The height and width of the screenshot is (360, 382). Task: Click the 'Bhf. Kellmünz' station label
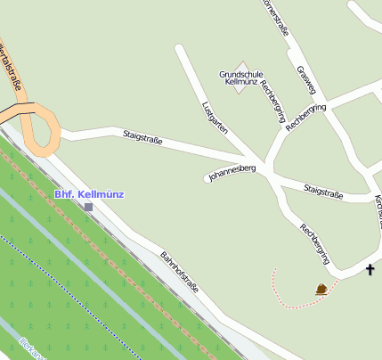(89, 193)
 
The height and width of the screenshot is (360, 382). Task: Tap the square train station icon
(88, 208)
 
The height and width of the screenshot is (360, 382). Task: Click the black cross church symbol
(370, 269)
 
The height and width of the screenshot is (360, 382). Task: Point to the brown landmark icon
(321, 288)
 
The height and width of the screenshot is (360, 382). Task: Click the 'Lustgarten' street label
(215, 117)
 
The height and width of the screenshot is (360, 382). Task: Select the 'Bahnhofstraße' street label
(179, 273)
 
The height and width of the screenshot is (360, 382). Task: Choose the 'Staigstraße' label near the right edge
(323, 190)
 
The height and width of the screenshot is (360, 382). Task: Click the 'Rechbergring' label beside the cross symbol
(315, 243)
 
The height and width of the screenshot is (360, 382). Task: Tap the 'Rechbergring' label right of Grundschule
(271, 98)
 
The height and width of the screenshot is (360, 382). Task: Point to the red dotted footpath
(285, 299)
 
